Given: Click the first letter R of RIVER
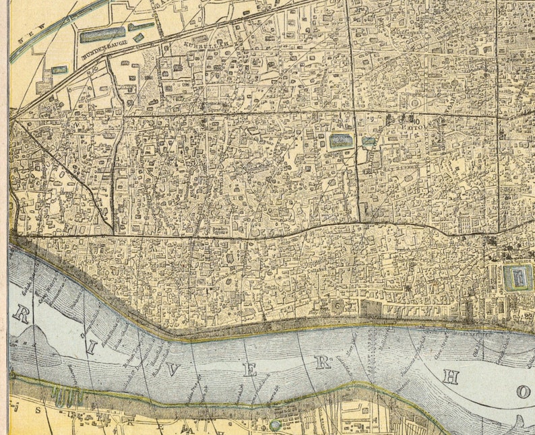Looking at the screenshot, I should pyautogui.click(x=20, y=314).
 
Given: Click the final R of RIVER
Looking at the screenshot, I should pyautogui.click(x=324, y=362).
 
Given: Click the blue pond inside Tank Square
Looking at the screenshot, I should pyautogui.click(x=518, y=277).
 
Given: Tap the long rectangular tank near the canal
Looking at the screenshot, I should pyautogui.click(x=102, y=35).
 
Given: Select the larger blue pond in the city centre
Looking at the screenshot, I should pyautogui.click(x=341, y=140).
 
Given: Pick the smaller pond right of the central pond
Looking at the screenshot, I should pyautogui.click(x=369, y=142).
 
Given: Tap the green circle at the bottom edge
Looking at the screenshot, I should pyautogui.click(x=274, y=426).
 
